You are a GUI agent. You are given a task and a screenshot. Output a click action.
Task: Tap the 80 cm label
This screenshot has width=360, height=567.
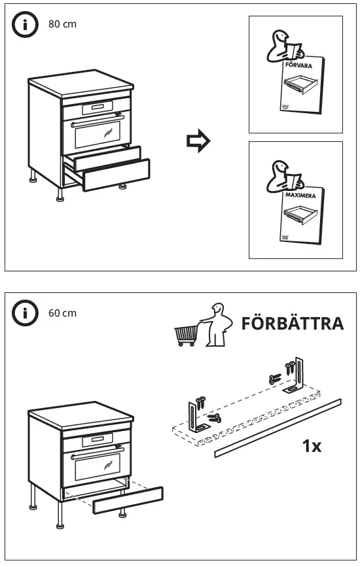[62, 24]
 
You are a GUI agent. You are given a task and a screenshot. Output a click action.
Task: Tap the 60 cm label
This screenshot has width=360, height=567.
[62, 313]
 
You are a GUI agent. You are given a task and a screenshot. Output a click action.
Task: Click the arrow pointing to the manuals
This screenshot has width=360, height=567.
[198, 141]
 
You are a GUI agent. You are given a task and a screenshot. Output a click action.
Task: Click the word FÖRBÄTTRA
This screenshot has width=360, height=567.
[292, 323]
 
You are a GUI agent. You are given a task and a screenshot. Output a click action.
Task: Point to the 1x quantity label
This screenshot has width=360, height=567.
[311, 446]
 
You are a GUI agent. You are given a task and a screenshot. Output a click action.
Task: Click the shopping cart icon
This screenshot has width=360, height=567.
[186, 334]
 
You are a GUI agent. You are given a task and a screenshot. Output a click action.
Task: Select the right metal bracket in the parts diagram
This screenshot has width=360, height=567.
[298, 376]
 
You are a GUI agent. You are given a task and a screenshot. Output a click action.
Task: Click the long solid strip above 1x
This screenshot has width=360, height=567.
[278, 428]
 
